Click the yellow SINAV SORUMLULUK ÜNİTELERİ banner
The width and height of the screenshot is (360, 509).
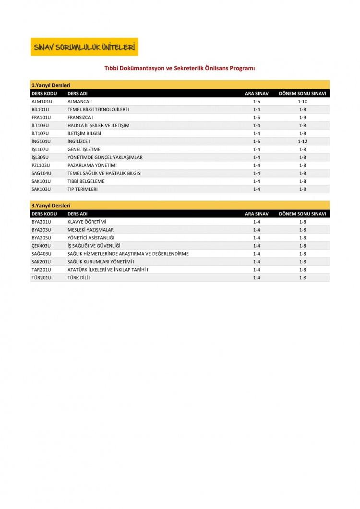(84, 47)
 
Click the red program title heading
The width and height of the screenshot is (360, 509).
(180, 69)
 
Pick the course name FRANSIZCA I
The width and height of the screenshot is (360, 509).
(80, 117)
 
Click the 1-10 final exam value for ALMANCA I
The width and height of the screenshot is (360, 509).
(302, 101)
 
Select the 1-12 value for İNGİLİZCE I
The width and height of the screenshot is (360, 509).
(302, 141)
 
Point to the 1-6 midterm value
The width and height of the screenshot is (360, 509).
(256, 141)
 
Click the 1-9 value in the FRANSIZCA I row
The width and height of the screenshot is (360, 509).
(302, 117)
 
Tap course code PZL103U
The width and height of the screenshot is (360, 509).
(40, 165)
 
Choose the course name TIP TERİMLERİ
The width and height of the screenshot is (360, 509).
(83, 189)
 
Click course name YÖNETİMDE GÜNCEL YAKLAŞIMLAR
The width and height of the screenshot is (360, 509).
(105, 157)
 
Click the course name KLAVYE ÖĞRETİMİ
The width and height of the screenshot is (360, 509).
(86, 222)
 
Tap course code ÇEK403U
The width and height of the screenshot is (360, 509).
(41, 246)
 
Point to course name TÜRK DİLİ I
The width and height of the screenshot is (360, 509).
(79, 277)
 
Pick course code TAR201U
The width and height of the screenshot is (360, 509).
(41, 270)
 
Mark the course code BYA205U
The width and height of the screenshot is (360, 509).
(41, 237)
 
